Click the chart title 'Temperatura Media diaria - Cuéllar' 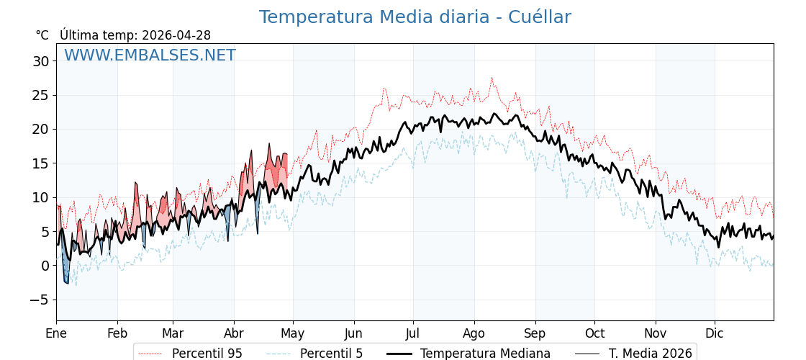415,17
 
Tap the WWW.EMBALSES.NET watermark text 150,55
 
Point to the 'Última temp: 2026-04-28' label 135,35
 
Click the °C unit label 42,35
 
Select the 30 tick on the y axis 40,61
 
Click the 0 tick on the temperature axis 45,266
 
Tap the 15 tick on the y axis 40,163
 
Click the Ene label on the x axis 56,333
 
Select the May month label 293,333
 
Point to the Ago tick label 474,333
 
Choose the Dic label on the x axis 715,333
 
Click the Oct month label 594,333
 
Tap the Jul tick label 413,333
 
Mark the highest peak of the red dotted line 492,78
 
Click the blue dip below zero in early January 66,279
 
